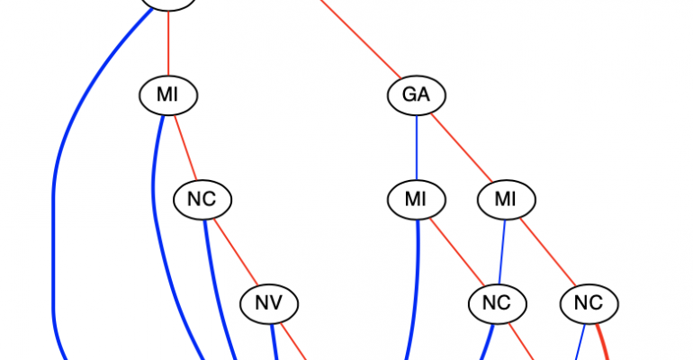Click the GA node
point(417,94)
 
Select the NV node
point(269,304)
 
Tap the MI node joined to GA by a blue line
point(416,199)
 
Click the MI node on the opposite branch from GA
point(168,94)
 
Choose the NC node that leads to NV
point(202,199)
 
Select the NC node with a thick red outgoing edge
point(589,304)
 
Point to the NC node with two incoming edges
point(497,304)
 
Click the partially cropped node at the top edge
point(168,4)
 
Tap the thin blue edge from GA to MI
point(416,147)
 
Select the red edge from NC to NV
point(236,252)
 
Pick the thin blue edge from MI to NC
point(502,252)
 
